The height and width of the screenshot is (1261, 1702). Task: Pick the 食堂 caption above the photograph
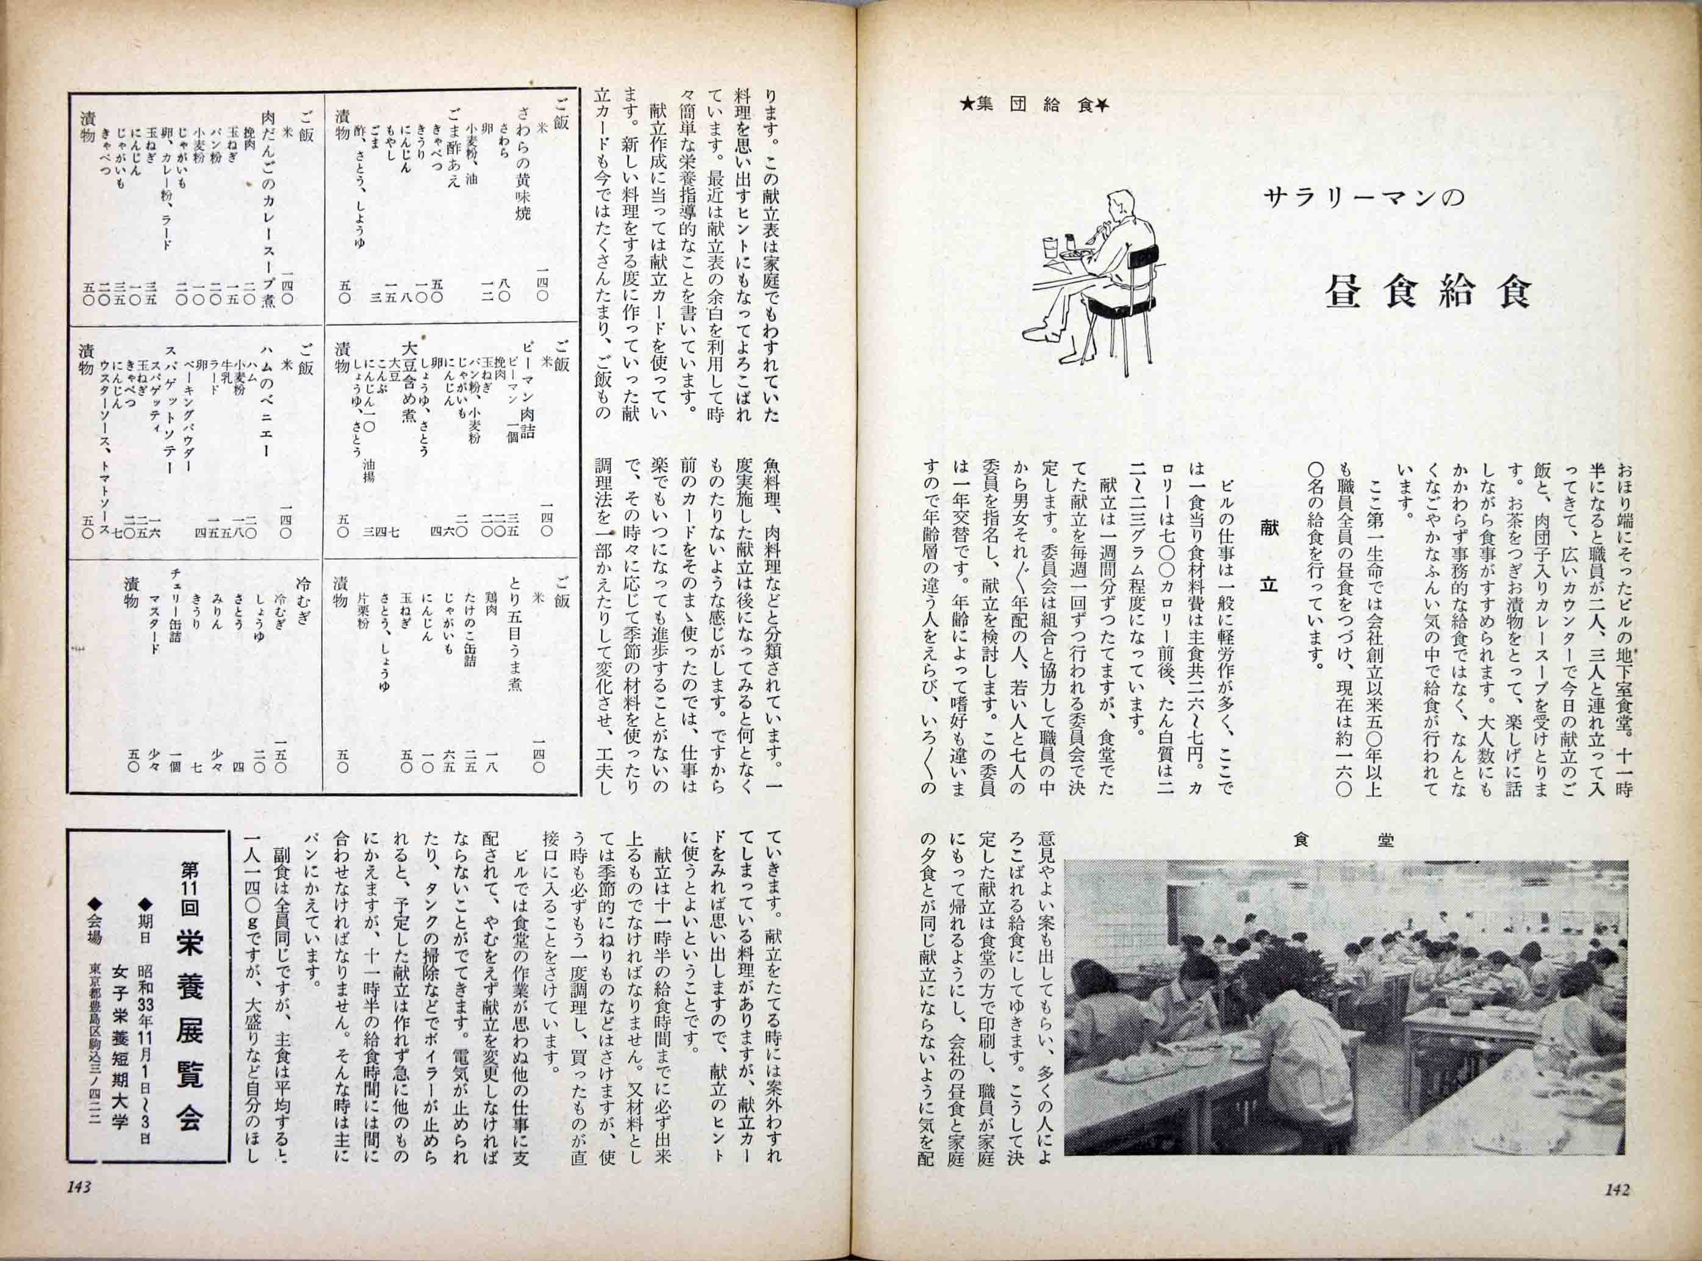1345,840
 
